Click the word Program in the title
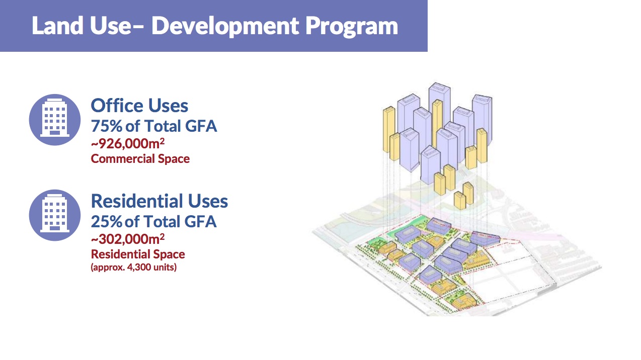point(352,26)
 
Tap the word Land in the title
point(57,26)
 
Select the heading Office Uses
point(139,106)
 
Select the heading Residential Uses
point(159,201)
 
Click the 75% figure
point(107,126)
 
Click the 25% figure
point(107,222)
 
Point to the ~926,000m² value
point(128,143)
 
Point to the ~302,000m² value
point(128,239)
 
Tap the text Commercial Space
point(140,159)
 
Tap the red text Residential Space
point(138,254)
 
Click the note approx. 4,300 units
point(134,267)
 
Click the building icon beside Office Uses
point(55,120)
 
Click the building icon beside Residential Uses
point(55,215)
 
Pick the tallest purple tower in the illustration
point(440,103)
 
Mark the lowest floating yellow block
point(460,201)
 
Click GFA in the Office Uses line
point(201,126)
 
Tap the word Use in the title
point(111,26)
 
